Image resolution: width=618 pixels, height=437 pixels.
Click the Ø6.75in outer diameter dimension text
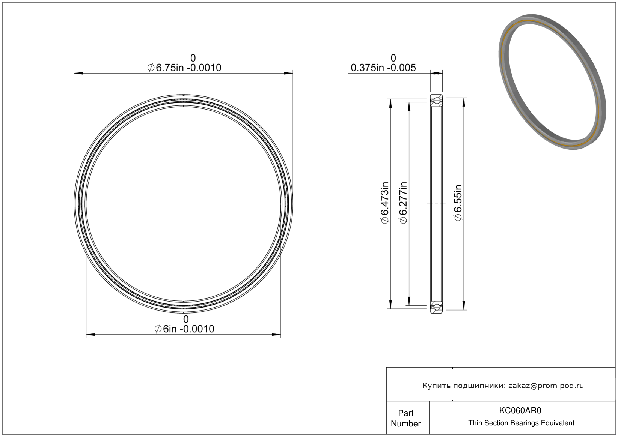(x=184, y=68)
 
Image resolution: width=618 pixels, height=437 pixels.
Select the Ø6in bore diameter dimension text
(x=184, y=329)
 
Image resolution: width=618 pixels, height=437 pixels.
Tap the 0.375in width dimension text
(x=383, y=68)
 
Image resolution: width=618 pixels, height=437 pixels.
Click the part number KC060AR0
(x=520, y=410)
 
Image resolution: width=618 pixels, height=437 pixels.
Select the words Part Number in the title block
(x=405, y=418)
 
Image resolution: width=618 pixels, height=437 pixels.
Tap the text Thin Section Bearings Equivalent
(x=521, y=423)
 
